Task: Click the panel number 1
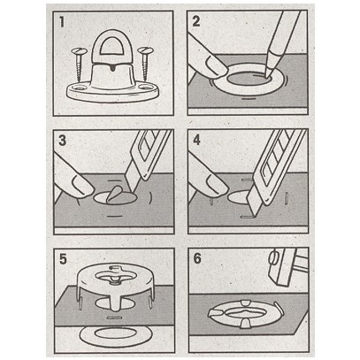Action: pyautogui.click(x=62, y=22)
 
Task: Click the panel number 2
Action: pyautogui.click(x=196, y=21)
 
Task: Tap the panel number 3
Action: pyautogui.click(x=62, y=140)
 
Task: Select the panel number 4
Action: pyautogui.click(x=196, y=140)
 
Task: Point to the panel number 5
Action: pyautogui.click(x=63, y=259)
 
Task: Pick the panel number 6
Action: pyautogui.click(x=197, y=258)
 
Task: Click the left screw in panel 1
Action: pyautogui.click(x=79, y=65)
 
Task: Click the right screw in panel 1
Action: pyautogui.click(x=145, y=64)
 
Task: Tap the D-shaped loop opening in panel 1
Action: pyautogui.click(x=112, y=47)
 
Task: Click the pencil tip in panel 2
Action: pyautogui.click(x=268, y=75)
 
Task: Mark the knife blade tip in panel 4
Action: pyautogui.click(x=253, y=215)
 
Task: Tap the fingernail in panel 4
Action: pyautogui.click(x=217, y=184)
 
